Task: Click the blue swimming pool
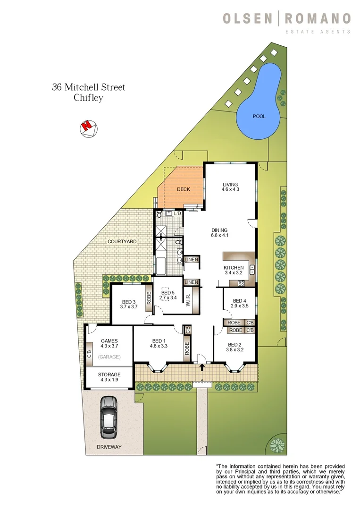257,111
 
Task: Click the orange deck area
183,189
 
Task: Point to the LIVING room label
231,185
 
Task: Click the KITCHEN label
233,268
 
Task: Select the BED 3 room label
129,302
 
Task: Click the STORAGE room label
109,374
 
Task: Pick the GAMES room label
109,341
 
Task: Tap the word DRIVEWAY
109,447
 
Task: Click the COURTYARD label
122,241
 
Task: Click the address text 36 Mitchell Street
88,87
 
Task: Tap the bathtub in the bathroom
160,266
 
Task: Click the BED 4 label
240,301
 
